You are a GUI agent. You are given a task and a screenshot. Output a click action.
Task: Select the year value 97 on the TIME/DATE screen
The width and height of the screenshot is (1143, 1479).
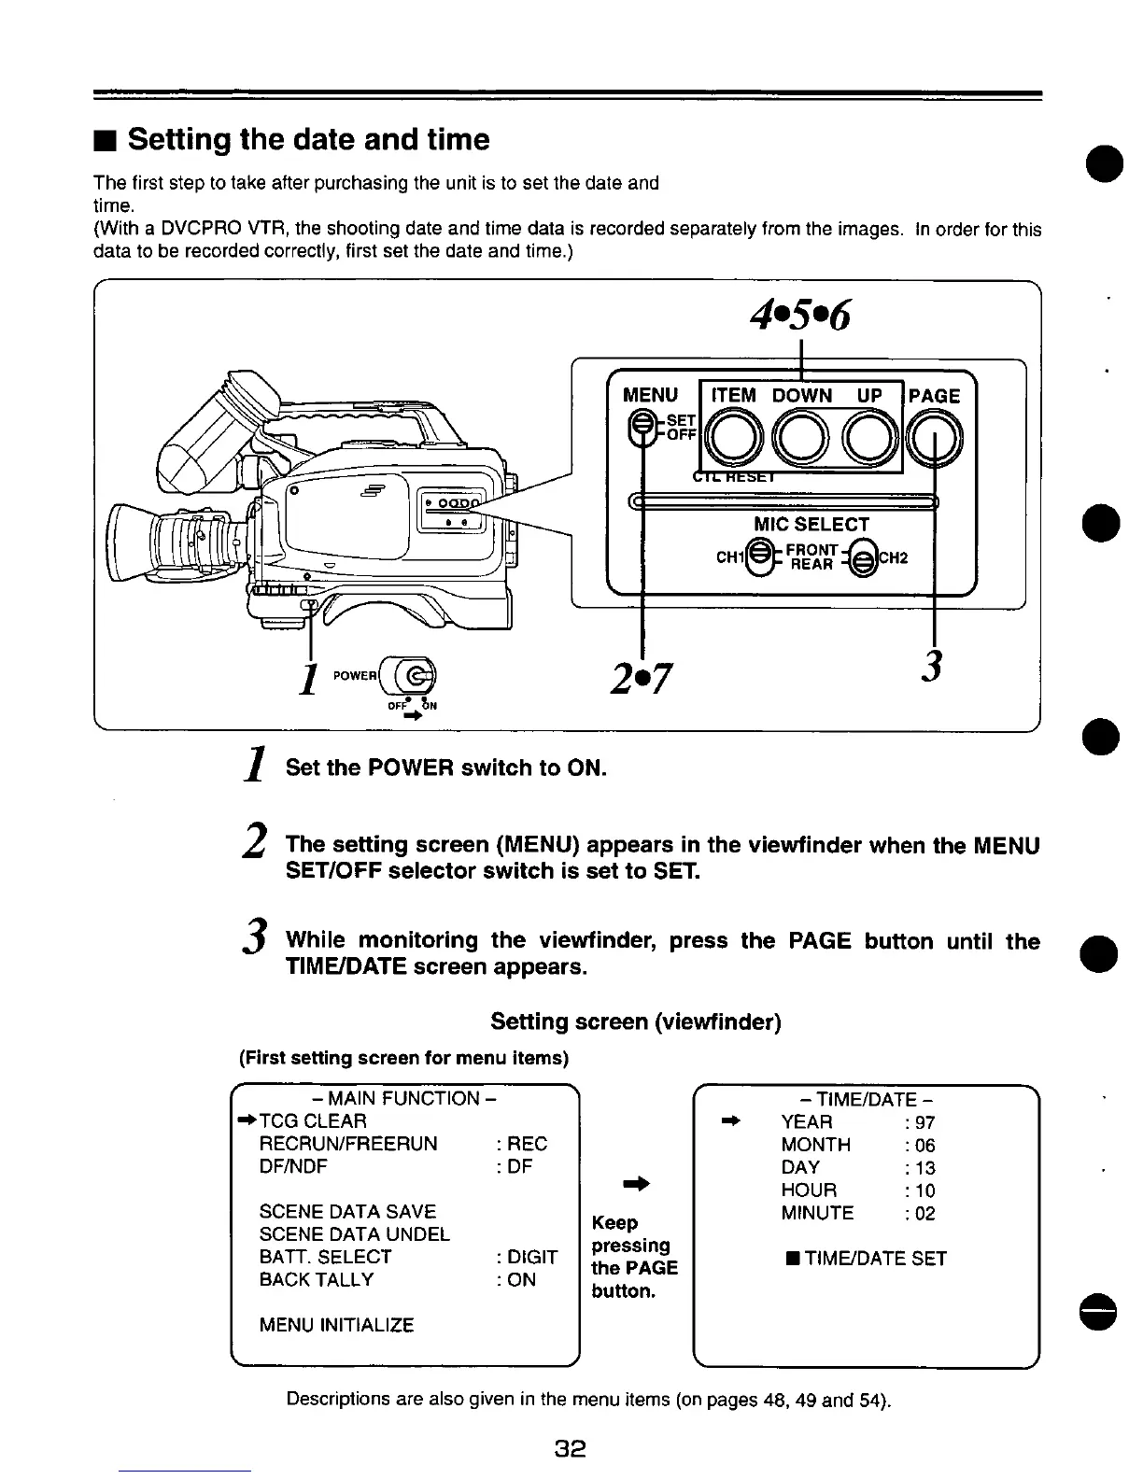click(x=924, y=1122)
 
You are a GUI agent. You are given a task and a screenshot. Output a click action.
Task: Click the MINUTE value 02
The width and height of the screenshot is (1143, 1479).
click(x=924, y=1213)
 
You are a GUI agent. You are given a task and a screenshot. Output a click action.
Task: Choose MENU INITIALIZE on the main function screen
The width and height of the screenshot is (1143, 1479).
click(x=336, y=1324)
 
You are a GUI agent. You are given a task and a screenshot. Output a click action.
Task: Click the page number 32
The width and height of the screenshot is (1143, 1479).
click(x=570, y=1449)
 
